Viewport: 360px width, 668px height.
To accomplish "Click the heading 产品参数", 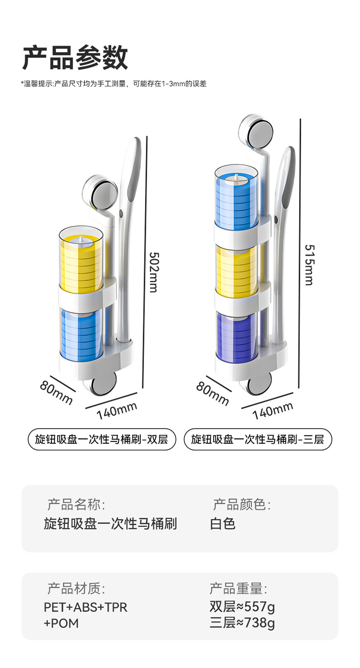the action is tap(75, 58).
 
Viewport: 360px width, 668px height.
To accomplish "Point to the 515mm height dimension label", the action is tap(309, 265).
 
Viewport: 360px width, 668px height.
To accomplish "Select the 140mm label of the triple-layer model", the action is tap(273, 410).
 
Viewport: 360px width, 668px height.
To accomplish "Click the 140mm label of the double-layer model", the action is tap(117, 410).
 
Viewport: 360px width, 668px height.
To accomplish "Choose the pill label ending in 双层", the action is tap(102, 440).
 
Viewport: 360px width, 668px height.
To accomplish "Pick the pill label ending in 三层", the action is tap(257, 440).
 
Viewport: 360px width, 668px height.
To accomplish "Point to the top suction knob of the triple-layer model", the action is tap(256, 131).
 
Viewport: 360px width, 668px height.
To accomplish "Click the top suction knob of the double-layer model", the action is tap(100, 192).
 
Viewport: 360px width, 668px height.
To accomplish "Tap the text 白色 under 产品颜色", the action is tap(223, 523).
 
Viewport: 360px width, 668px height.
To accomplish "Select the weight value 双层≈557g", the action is tap(242, 607).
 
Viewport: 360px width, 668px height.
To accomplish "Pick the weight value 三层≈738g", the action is tap(242, 622).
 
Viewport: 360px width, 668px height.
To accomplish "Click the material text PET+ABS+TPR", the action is tap(86, 607).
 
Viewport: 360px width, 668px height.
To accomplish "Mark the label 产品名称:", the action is tap(76, 505).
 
